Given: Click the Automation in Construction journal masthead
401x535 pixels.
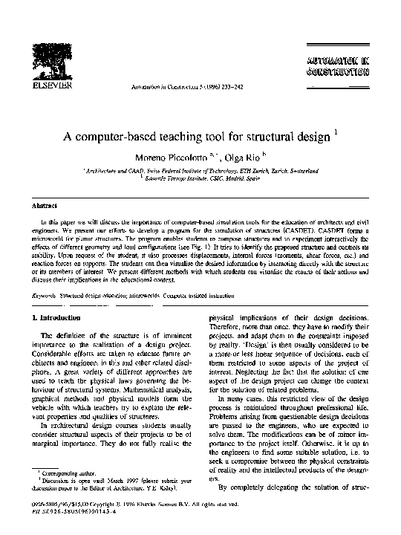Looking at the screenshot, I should click(x=336, y=66).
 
